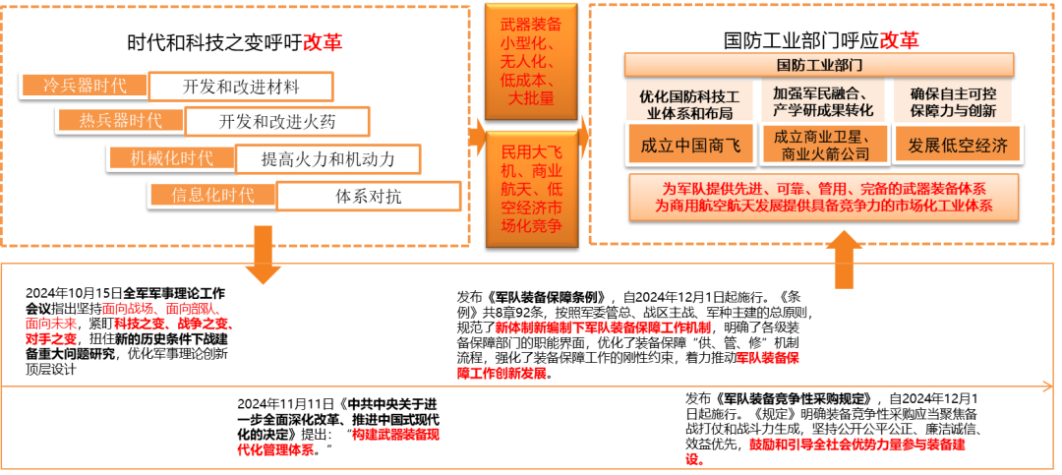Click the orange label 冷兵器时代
pyautogui.click(x=83, y=86)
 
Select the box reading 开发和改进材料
pyautogui.click(x=241, y=86)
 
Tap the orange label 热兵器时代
pyautogui.click(x=120, y=121)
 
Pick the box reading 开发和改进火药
pyautogui.click(x=277, y=121)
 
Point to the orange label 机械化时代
pyautogui.click(x=171, y=157)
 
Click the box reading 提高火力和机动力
pyautogui.click(x=327, y=157)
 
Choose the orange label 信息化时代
pyautogui.click(x=212, y=195)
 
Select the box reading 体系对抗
pyautogui.click(x=368, y=195)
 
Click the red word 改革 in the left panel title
pyautogui.click(x=324, y=42)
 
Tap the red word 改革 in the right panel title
pyautogui.click(x=899, y=40)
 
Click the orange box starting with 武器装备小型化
pyautogui.click(x=530, y=62)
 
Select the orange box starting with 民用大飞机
pyautogui.click(x=530, y=187)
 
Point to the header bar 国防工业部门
pyautogui.click(x=819, y=66)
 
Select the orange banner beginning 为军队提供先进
pyautogui.click(x=824, y=198)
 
